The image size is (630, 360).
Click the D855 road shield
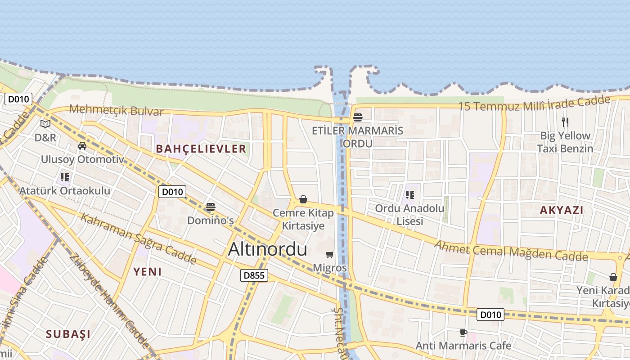tap(254, 275)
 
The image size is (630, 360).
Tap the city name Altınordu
tap(267, 249)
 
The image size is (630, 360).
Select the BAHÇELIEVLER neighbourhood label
tap(201, 148)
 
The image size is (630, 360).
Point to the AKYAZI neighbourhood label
tap(561, 210)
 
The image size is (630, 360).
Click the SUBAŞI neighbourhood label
tap(68, 334)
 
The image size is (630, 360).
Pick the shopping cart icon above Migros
tap(330, 255)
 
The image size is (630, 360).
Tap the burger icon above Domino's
tap(210, 207)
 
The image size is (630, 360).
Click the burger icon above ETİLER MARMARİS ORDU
tap(358, 117)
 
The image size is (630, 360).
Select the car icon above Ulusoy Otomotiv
tap(82, 146)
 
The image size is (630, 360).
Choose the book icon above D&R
tap(45, 124)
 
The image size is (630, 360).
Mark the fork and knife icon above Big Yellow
tap(565, 122)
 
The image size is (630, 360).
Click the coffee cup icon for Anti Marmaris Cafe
tap(463, 333)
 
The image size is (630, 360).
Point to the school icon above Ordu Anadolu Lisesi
tap(409, 195)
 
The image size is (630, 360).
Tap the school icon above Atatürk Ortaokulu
tap(65, 177)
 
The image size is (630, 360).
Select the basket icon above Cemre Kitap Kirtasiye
tap(303, 199)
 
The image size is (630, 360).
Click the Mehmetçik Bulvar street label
tap(116, 110)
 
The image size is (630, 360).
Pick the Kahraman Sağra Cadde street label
tap(138, 238)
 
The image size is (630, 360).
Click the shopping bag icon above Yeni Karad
tap(613, 277)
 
